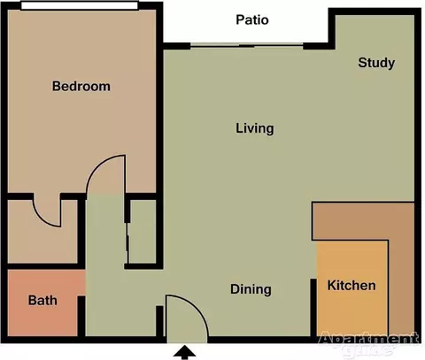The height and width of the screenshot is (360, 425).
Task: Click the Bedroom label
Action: pyautogui.click(x=81, y=86)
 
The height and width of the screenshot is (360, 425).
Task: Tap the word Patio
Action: pyautogui.click(x=252, y=19)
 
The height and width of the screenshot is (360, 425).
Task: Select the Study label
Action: pyautogui.click(x=376, y=63)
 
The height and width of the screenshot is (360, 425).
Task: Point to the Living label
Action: pyautogui.click(x=255, y=128)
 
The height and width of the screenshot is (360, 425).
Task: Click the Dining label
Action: pyautogui.click(x=251, y=289)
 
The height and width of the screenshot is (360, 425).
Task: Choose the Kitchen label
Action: pyautogui.click(x=352, y=286)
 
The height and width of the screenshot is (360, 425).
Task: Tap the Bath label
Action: pyautogui.click(x=42, y=301)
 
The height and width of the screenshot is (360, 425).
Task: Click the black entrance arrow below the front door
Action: pyautogui.click(x=185, y=353)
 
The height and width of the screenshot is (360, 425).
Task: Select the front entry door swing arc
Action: pyautogui.click(x=197, y=307)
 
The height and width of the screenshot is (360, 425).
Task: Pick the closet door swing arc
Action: pyautogui.click(x=42, y=218)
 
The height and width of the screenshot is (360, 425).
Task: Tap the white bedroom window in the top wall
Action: pyautogui.click(x=80, y=5)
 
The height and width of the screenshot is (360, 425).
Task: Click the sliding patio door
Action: pyautogui.click(x=247, y=46)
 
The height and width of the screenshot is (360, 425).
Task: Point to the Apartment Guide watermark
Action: pyautogui.click(x=369, y=343)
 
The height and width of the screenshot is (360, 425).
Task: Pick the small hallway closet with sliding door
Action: pyautogui.click(x=143, y=232)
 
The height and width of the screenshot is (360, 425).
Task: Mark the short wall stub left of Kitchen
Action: pyautogui.click(x=313, y=308)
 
